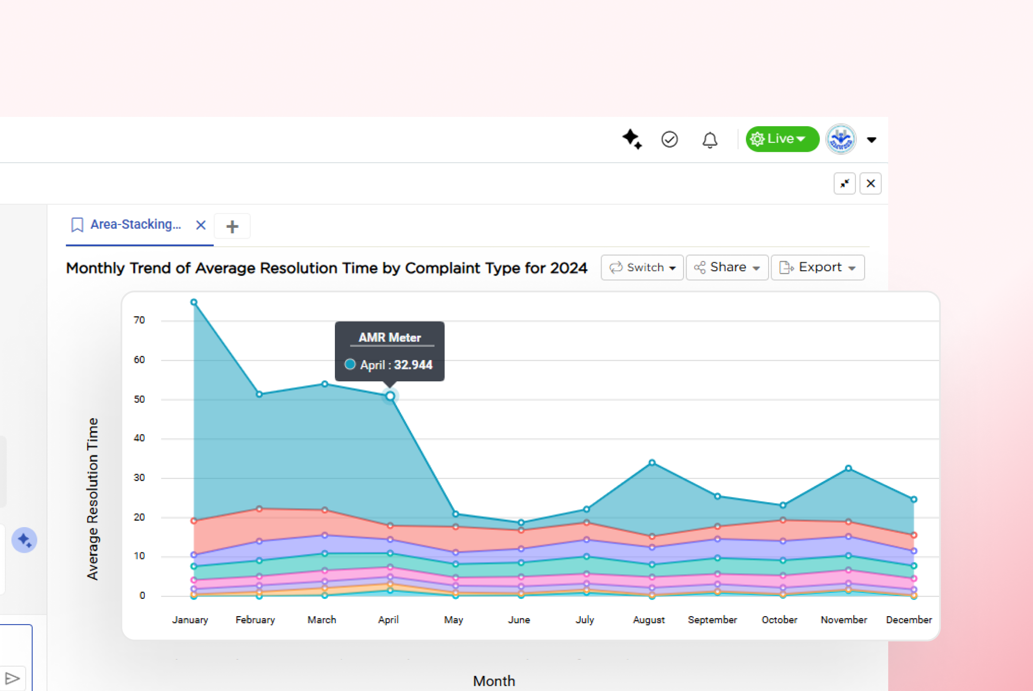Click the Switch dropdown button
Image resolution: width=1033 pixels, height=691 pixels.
(642, 268)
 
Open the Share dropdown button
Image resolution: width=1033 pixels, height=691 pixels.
(726, 268)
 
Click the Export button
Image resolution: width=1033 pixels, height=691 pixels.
(817, 268)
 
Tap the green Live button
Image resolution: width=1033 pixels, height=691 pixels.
(782, 139)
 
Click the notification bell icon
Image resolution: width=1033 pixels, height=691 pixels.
(710, 140)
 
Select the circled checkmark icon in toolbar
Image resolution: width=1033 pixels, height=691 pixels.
(669, 140)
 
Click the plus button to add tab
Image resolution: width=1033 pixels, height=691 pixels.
(232, 226)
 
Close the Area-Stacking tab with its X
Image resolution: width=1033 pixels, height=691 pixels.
(201, 225)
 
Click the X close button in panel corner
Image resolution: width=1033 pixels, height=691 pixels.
(870, 183)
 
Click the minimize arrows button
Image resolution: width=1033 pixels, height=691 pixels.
(844, 183)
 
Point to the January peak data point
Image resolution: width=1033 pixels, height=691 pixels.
(194, 303)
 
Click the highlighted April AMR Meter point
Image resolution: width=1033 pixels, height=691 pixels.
(390, 396)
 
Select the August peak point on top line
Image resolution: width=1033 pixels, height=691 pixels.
(652, 462)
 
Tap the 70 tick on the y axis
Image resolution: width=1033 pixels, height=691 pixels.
(139, 320)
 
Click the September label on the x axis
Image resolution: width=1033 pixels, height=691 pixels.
(712, 620)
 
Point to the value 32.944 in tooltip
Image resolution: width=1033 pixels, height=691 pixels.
(413, 365)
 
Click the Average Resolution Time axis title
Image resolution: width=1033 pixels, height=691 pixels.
(92, 499)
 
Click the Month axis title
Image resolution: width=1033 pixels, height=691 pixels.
(493, 681)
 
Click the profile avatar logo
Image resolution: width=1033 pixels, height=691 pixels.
(840, 140)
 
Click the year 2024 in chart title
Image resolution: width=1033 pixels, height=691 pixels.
(568, 268)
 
